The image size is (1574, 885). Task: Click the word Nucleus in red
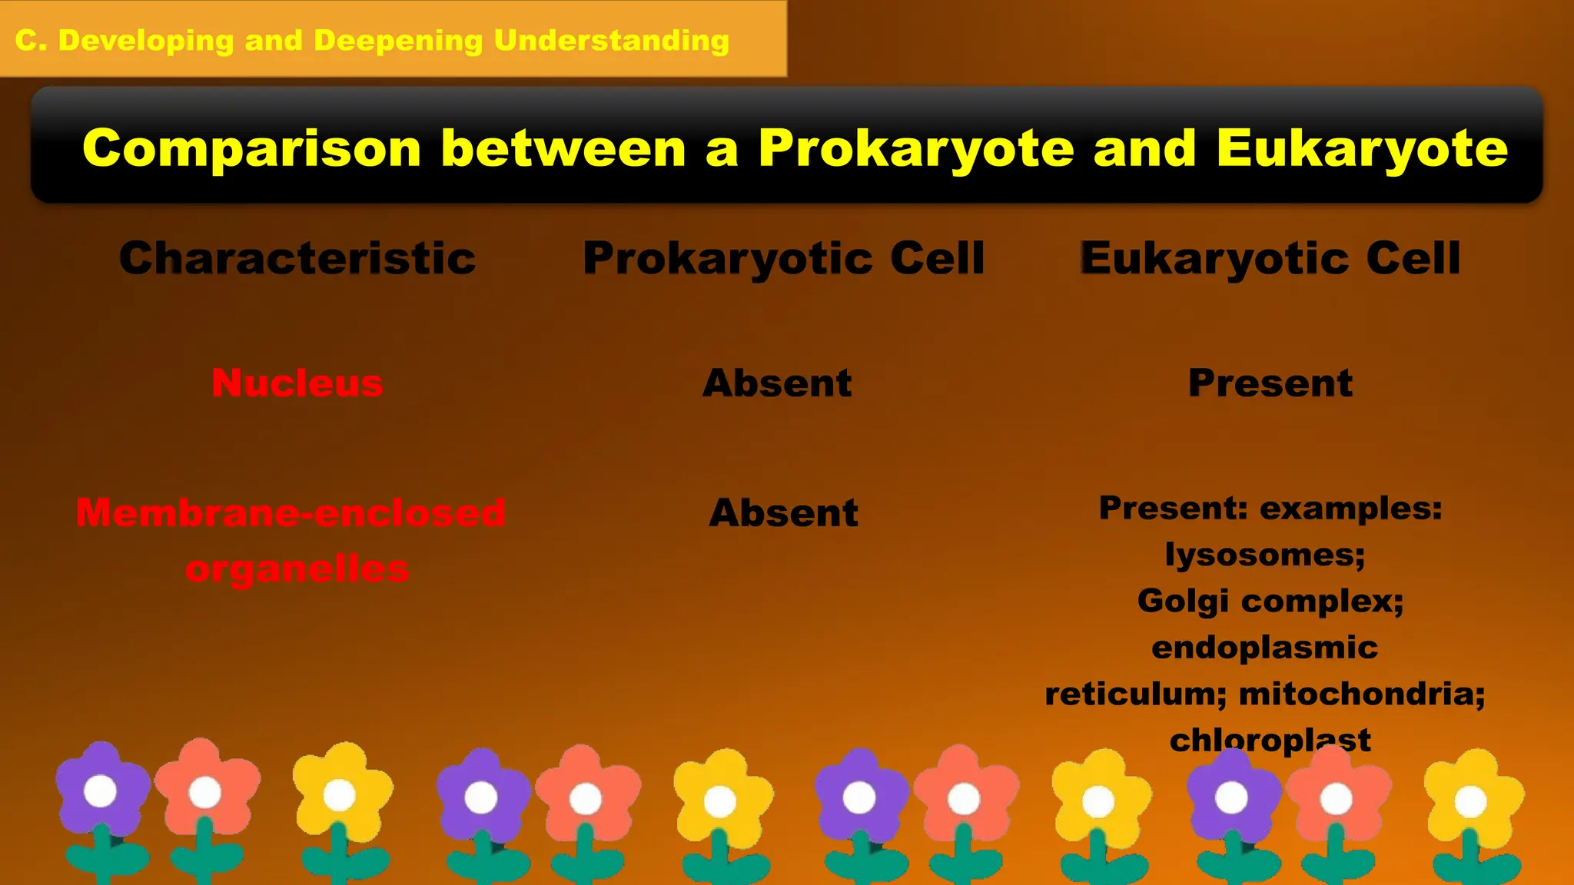[x=297, y=383]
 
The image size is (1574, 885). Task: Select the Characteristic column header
[x=297, y=258]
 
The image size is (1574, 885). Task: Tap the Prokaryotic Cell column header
[x=783, y=258]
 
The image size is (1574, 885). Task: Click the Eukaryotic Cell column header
[x=1270, y=258]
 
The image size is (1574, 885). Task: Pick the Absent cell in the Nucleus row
[x=777, y=383]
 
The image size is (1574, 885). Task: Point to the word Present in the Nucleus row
[x=1270, y=383]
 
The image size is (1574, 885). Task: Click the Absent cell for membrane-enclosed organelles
[x=783, y=512]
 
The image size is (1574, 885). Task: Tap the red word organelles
[x=297, y=569]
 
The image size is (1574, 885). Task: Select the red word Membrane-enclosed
[x=291, y=512]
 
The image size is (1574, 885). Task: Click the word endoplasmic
[x=1264, y=648]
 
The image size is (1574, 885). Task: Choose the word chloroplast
[x=1270, y=740]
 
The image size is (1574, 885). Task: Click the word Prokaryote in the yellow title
[x=916, y=148]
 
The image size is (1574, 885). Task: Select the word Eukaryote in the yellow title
[x=1362, y=148]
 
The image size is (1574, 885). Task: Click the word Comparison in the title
[x=252, y=148]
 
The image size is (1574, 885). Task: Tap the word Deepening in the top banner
[x=398, y=40]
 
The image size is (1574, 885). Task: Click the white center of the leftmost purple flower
[x=100, y=791]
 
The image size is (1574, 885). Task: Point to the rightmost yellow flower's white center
[x=1470, y=801]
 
